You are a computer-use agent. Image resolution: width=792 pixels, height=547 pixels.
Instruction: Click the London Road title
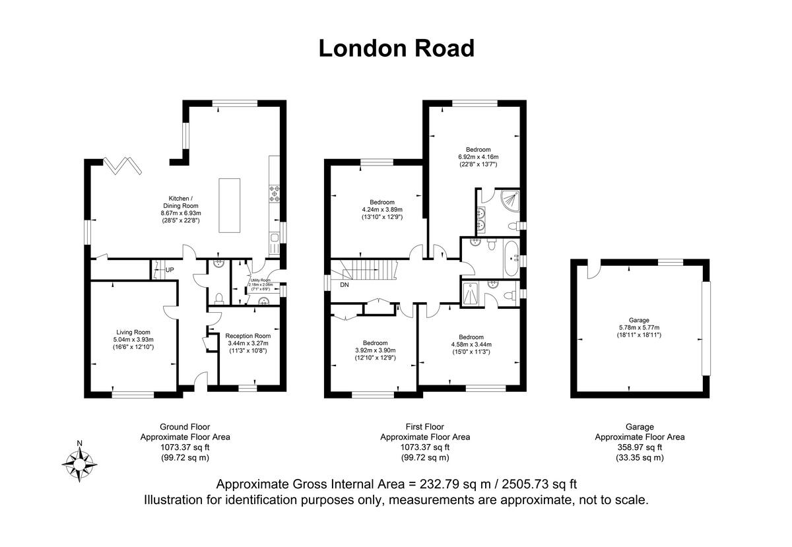pyautogui.click(x=396, y=48)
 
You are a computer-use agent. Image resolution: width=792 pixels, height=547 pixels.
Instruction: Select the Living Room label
pyautogui.click(x=133, y=333)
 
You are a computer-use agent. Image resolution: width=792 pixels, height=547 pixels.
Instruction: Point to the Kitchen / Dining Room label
pyautogui.click(x=180, y=202)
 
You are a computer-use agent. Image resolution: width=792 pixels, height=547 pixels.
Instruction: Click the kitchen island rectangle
pyautogui.click(x=231, y=205)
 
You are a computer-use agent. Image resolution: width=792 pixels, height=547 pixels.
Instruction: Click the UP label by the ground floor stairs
pyautogui.click(x=170, y=270)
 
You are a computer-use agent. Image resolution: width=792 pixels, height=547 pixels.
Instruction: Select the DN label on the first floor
pyautogui.click(x=344, y=285)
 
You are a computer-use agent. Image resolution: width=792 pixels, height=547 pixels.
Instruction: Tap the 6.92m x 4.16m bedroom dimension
pyautogui.click(x=478, y=157)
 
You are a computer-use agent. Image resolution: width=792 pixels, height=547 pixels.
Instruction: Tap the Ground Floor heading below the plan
pyautogui.click(x=185, y=427)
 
